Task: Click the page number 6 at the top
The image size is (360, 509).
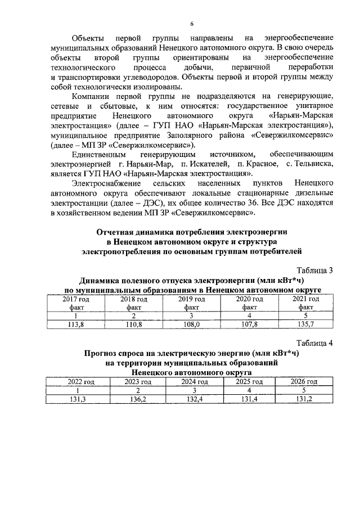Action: coord(192,24)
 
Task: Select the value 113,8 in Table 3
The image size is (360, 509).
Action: coord(75,325)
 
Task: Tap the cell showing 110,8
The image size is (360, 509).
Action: coord(133,325)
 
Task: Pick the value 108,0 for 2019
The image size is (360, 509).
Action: coord(191,325)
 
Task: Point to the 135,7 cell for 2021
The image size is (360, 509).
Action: coord(306,325)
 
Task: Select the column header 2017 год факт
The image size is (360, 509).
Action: coord(75,304)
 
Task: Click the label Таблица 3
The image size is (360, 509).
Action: coord(314,270)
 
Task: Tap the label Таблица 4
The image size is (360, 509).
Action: coord(314,343)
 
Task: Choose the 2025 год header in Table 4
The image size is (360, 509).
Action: coord(249,381)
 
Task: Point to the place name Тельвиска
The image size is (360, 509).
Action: coord(313,164)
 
